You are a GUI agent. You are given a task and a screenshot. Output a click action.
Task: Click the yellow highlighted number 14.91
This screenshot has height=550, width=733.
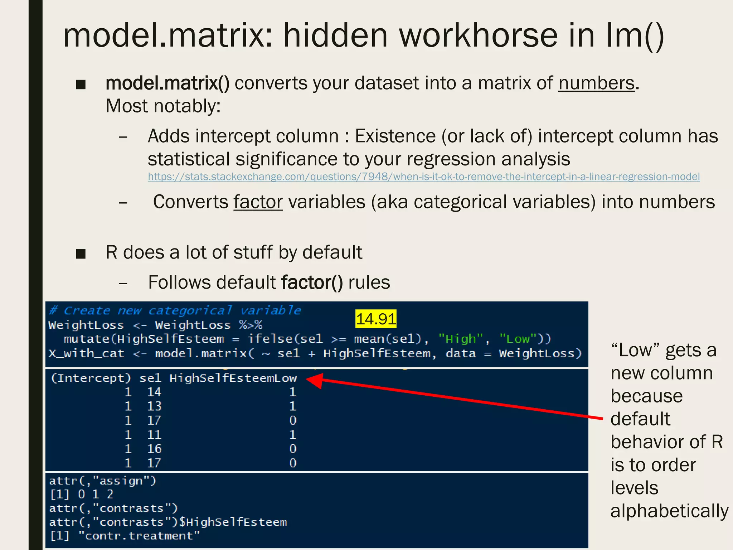click(376, 319)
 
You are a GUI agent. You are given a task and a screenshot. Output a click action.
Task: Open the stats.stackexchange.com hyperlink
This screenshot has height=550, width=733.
click(424, 177)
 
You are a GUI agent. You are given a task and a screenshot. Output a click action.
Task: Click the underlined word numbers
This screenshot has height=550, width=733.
click(596, 83)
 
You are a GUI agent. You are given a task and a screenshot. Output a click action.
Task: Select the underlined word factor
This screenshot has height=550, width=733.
click(258, 202)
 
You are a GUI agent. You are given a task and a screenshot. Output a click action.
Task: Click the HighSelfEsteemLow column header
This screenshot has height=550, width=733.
click(233, 378)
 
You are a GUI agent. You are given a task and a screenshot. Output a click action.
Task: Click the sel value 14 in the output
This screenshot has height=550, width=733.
click(154, 392)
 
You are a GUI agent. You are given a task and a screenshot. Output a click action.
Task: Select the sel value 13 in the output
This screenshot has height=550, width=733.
click(154, 406)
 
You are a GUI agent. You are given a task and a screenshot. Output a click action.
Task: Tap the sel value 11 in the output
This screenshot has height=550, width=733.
click(154, 435)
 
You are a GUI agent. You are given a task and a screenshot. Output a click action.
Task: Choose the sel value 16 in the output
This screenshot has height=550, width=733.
click(154, 449)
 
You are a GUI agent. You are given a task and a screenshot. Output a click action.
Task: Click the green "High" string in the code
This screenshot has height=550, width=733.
click(461, 339)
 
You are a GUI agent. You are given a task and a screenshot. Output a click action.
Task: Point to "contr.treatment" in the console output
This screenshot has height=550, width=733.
click(139, 536)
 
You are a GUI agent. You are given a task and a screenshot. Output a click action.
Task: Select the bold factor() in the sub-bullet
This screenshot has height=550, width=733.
click(312, 283)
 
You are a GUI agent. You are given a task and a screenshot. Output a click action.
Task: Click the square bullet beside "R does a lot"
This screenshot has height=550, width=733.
click(81, 254)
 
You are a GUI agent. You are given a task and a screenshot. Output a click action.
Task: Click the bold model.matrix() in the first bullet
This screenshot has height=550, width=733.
click(168, 83)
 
